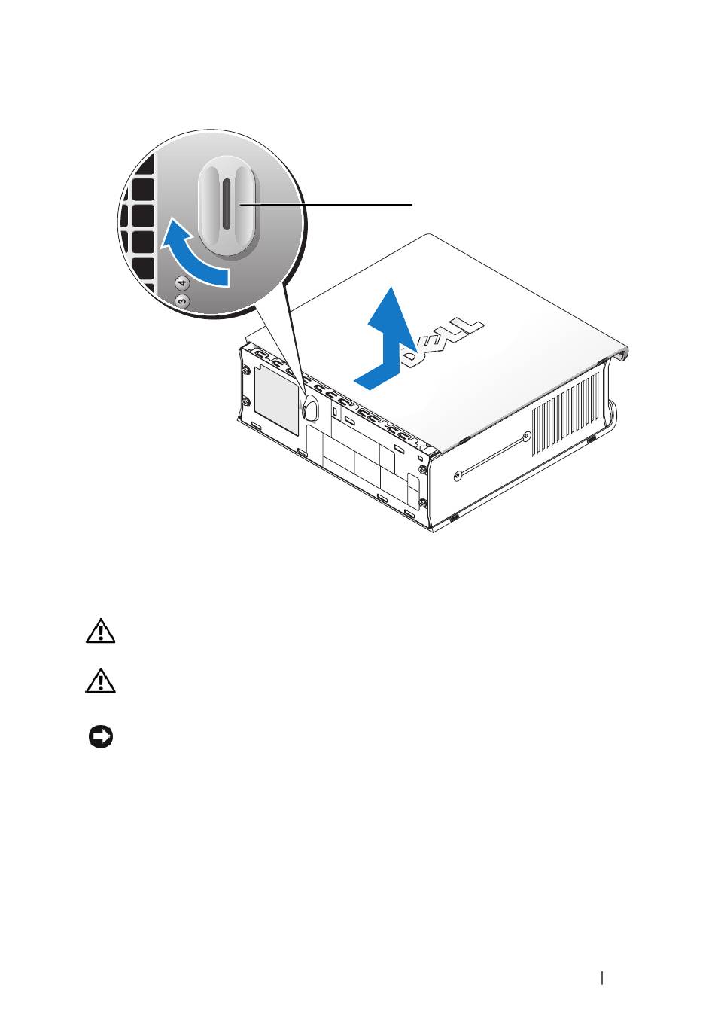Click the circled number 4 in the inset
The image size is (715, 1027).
coord(183,283)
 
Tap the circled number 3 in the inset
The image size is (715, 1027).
coord(182,301)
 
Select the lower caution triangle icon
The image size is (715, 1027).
coord(100,681)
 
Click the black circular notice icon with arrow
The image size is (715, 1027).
coord(101,737)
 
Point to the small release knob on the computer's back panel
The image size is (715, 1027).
coord(310,407)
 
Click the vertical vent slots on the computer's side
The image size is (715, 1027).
coord(565,413)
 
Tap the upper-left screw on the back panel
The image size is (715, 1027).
coord(248,370)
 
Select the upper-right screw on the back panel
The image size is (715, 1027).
coord(421,469)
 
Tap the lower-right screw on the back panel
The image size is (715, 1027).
coord(422,504)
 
